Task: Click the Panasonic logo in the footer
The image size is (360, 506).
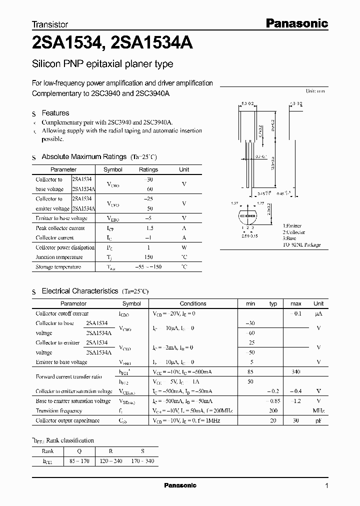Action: tap(180, 485)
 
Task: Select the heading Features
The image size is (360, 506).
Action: tap(55, 113)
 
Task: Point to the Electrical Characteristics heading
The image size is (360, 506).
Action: tap(79, 290)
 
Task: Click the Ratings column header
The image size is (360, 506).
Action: tap(148, 169)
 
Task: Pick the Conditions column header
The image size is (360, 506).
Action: tap(192, 303)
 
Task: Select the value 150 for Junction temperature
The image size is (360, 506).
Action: tap(148, 257)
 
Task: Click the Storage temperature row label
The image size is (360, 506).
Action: tap(58, 267)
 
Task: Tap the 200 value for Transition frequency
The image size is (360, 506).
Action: tap(273, 410)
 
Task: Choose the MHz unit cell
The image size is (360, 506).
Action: tap(318, 410)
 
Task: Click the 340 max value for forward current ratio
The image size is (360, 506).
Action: tap(295, 371)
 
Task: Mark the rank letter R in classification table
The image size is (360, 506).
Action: tap(110, 450)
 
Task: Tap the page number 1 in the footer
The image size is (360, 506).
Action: tap(327, 486)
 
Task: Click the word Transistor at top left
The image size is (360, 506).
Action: tap(50, 23)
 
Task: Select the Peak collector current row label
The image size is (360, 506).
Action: tap(60, 228)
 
